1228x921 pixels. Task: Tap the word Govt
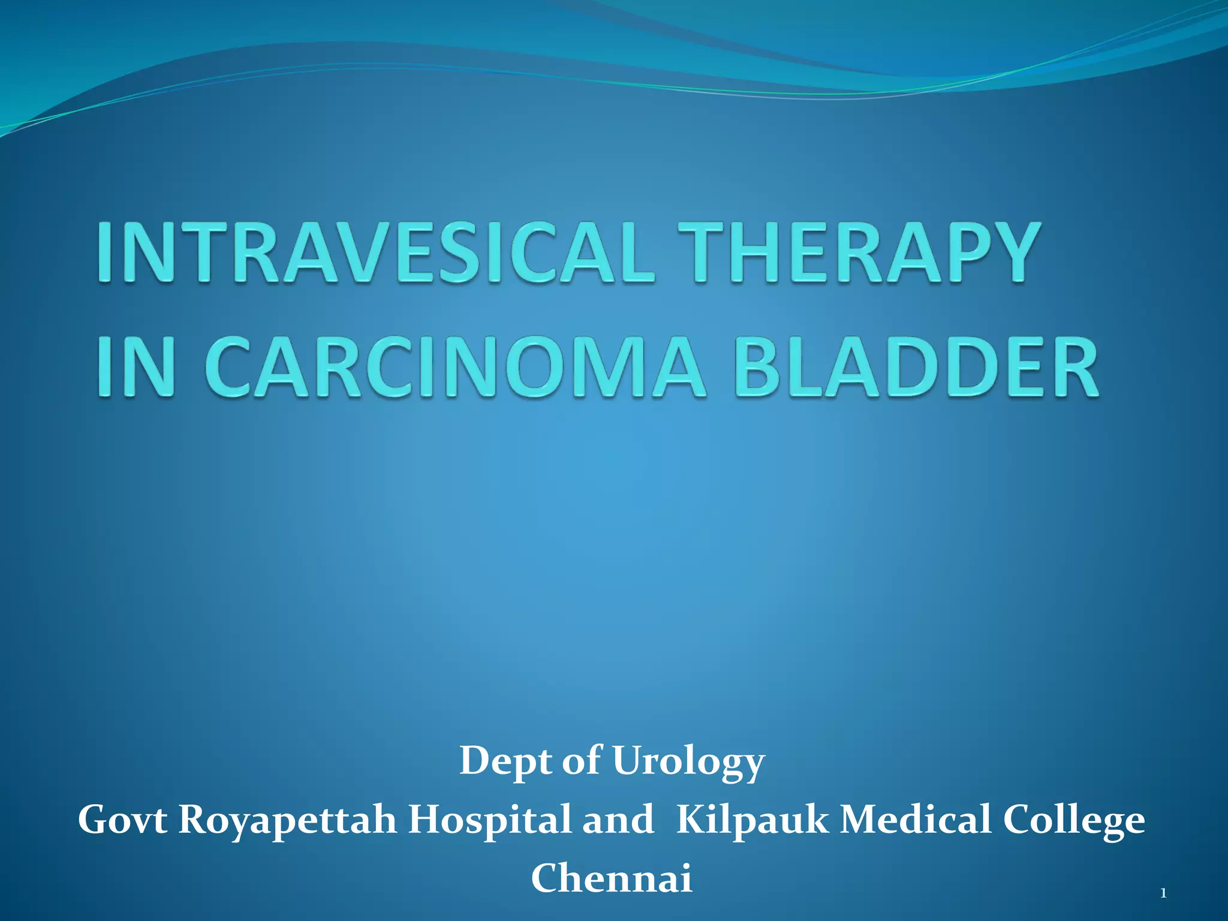click(122, 820)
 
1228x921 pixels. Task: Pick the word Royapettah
click(287, 820)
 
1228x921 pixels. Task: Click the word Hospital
click(489, 820)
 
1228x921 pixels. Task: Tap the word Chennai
click(612, 878)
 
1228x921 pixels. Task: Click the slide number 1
click(1163, 894)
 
